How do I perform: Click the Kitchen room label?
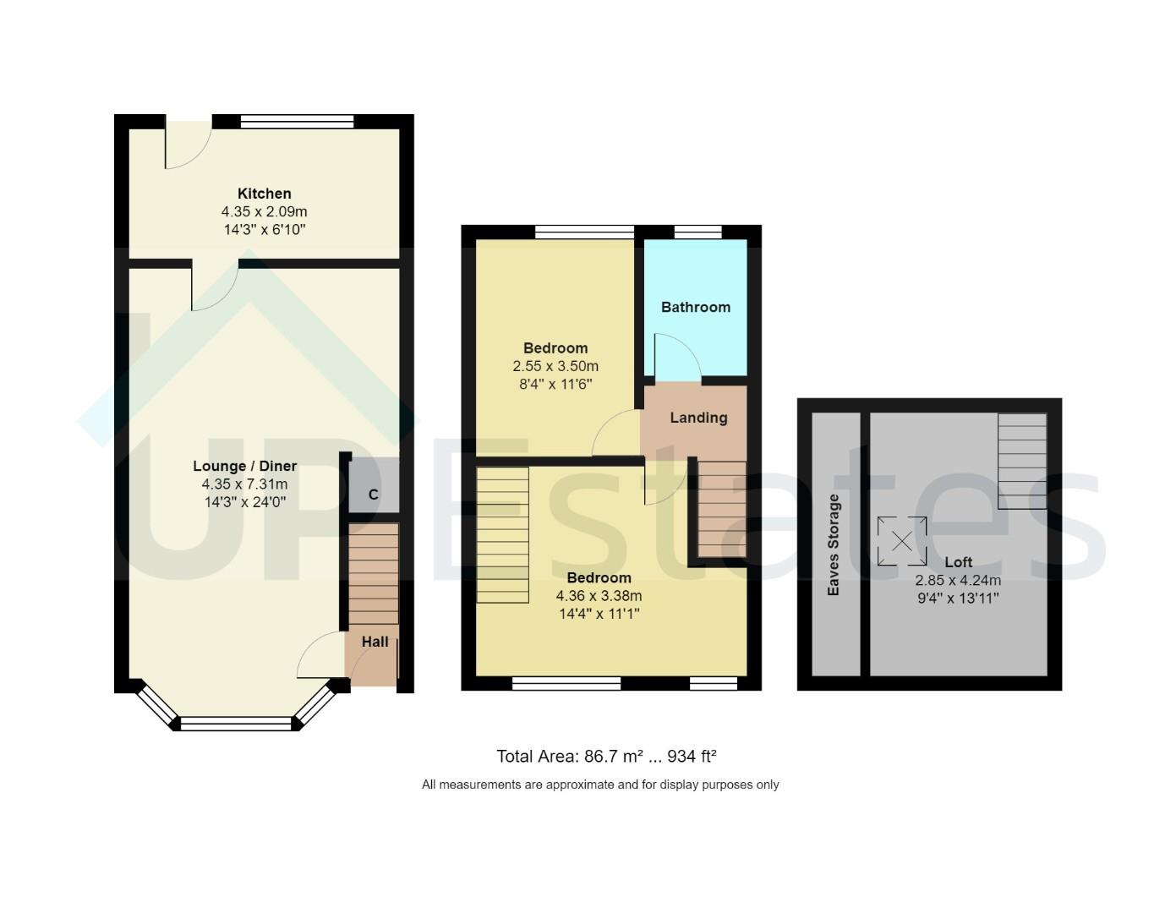(x=264, y=194)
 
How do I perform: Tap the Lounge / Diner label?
(x=244, y=466)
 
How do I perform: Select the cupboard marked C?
(x=373, y=495)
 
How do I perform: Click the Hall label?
(x=375, y=642)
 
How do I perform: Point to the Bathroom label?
(x=695, y=307)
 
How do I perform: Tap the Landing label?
(x=698, y=418)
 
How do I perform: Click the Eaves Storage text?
(x=834, y=544)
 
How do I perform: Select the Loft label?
(x=958, y=562)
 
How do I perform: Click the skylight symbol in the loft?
(x=901, y=541)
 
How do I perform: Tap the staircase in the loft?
(x=1021, y=461)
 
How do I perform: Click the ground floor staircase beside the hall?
(x=373, y=575)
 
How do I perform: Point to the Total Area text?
(x=606, y=757)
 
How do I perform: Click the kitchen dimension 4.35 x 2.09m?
(x=264, y=212)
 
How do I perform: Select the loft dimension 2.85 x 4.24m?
(x=958, y=581)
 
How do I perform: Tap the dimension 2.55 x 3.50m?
(x=555, y=367)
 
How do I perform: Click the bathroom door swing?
(x=676, y=356)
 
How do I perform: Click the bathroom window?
(x=697, y=232)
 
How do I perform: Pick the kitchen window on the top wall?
(x=297, y=122)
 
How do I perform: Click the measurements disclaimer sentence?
(x=600, y=785)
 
